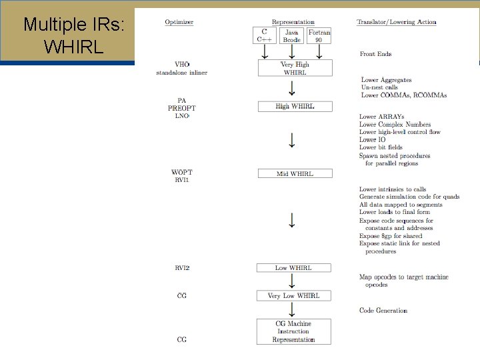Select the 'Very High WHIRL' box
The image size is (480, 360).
(x=295, y=68)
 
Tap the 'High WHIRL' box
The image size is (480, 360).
(x=295, y=107)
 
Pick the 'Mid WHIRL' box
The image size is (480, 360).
(x=295, y=174)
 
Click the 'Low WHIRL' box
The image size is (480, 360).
(x=293, y=268)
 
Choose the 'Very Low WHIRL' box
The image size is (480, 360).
(x=293, y=295)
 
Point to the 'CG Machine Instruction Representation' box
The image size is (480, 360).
(x=293, y=332)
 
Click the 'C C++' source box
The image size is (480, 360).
(x=264, y=35)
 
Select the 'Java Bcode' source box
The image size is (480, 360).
(x=292, y=35)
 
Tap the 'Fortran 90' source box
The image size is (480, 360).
(x=319, y=35)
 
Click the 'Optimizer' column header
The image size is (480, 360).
(x=179, y=22)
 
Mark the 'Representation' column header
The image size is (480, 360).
(x=293, y=22)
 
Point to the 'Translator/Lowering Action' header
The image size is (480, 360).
(x=397, y=22)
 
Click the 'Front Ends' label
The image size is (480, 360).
(x=375, y=54)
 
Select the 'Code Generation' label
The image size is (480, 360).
(x=383, y=311)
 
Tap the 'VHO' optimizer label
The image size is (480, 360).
(x=182, y=65)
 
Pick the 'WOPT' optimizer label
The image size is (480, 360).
(x=182, y=173)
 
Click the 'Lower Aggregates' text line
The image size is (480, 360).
(x=388, y=80)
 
